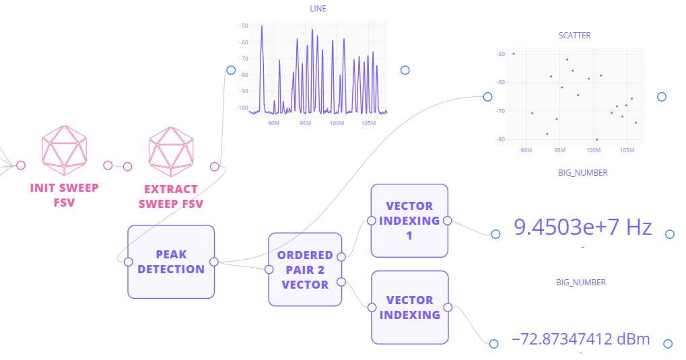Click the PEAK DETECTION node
(171, 262)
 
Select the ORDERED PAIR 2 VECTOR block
(305, 270)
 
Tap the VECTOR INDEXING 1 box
(409, 220)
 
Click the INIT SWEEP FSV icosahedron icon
(65, 147)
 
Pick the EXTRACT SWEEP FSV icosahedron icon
(171, 147)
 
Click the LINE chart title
(318, 9)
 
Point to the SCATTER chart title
(574, 35)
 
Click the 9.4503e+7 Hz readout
(582, 227)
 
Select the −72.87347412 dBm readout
(581, 338)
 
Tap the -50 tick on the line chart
(243, 26)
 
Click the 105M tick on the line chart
(368, 123)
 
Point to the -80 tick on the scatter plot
(500, 139)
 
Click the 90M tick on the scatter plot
(526, 149)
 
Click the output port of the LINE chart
(405, 70)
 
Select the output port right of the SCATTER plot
(661, 97)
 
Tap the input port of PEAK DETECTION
(129, 262)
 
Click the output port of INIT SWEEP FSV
(108, 165)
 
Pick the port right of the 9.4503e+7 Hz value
(669, 234)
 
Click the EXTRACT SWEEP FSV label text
(171, 196)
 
